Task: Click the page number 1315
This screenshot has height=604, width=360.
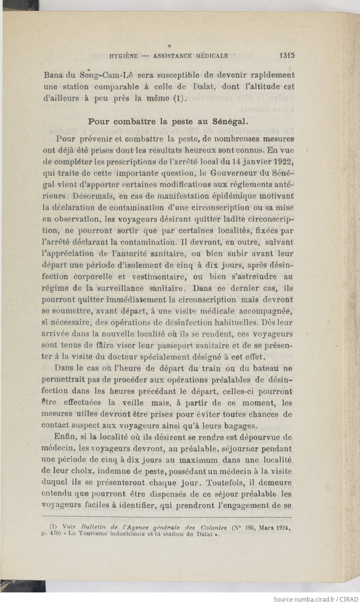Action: tap(287, 55)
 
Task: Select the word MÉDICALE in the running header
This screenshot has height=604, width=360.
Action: tap(212, 56)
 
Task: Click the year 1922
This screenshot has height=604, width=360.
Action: tap(282, 161)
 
